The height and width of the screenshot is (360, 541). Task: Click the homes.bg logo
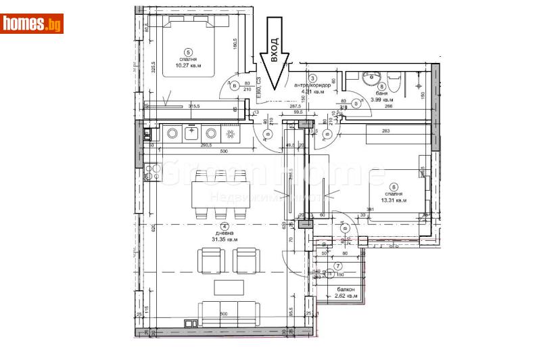click(32, 24)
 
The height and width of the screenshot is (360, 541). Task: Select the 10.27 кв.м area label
click(189, 66)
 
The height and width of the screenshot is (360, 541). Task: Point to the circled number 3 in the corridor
click(312, 79)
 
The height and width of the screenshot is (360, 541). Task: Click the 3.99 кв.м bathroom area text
click(383, 100)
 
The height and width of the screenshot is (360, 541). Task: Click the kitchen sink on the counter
click(191, 133)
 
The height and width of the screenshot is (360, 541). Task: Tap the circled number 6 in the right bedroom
click(394, 187)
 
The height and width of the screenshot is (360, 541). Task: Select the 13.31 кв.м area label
click(393, 200)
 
